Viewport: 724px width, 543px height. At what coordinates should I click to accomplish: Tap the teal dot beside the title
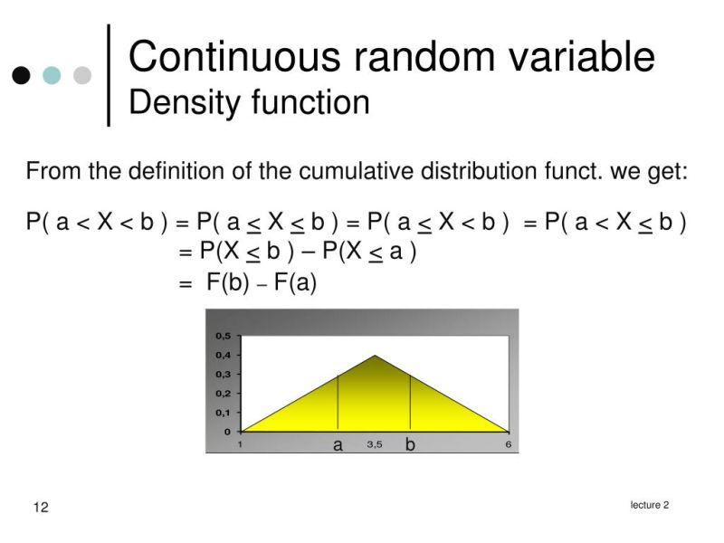(x=52, y=75)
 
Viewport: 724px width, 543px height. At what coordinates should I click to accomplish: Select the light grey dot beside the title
(x=82, y=75)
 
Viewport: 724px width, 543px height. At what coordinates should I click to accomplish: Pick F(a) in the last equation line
(x=295, y=282)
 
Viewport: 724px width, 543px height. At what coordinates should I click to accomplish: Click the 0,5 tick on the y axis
(x=223, y=336)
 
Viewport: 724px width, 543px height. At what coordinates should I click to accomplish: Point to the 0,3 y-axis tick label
(x=223, y=374)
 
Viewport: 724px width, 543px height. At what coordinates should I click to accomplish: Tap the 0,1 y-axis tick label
(x=223, y=412)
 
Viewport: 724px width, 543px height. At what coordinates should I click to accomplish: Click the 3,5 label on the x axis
(x=375, y=444)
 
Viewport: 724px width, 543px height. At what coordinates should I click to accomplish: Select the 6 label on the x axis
(x=509, y=444)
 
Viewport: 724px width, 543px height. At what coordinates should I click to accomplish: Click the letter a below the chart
(x=338, y=445)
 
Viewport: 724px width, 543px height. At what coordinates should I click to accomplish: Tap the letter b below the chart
(x=410, y=445)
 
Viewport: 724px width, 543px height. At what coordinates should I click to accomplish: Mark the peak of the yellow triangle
(x=375, y=356)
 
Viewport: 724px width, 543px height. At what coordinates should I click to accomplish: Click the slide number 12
(x=41, y=507)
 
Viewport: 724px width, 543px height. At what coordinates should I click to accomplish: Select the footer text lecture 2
(x=650, y=505)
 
